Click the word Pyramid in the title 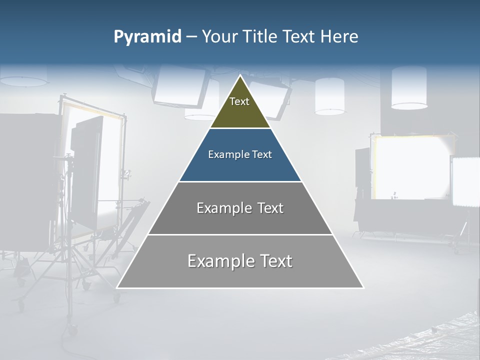click(x=147, y=37)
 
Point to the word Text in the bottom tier click(x=271, y=261)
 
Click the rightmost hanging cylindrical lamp click(x=409, y=87)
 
